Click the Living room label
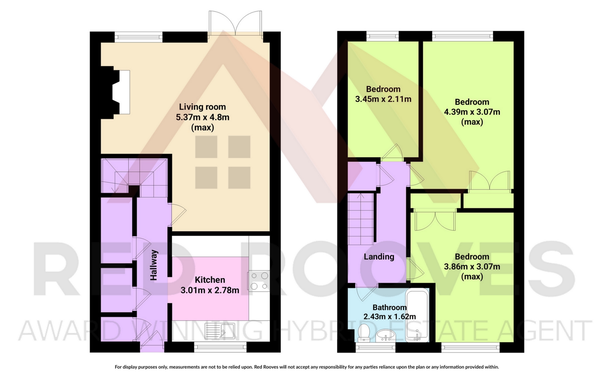(x=202, y=107)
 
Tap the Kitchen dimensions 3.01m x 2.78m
(x=210, y=290)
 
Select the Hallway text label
(x=154, y=265)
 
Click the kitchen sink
(x=220, y=331)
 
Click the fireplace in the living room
(x=116, y=92)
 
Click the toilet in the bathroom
(x=364, y=333)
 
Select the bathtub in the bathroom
(x=417, y=315)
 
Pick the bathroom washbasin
(x=386, y=335)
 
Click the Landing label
(x=379, y=256)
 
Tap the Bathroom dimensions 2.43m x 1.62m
(x=390, y=317)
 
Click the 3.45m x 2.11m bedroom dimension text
(x=383, y=99)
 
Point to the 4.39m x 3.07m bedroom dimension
(x=472, y=112)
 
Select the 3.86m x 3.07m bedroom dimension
(x=472, y=266)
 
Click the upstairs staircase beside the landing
(x=361, y=218)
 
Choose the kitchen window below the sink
(x=220, y=347)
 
